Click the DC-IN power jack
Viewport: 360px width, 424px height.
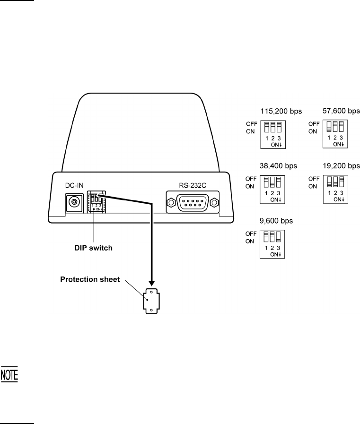click(x=74, y=203)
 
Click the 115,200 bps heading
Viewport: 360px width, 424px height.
click(x=281, y=112)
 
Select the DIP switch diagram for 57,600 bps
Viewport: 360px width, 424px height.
click(x=336, y=134)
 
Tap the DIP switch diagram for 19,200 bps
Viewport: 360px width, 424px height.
click(x=336, y=189)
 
